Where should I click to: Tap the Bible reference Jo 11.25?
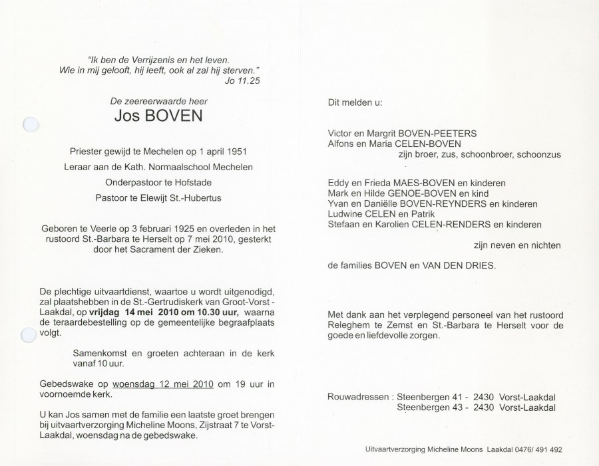pos(242,82)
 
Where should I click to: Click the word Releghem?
pos(351,325)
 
